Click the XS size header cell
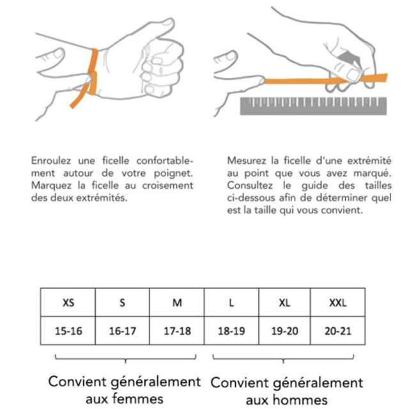tap(68, 302)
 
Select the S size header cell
tap(122, 302)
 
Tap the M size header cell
tap(177, 302)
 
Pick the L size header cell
tap(231, 302)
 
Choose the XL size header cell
tap(284, 302)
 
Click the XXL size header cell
tap(337, 302)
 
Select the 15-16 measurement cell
tap(68, 332)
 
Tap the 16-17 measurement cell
tap(122, 332)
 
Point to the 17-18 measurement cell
tap(177, 332)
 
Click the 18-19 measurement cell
tap(231, 332)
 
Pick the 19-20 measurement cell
tap(284, 332)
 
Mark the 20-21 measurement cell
tap(337, 332)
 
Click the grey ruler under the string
tap(313, 105)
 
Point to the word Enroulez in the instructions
tap(52, 161)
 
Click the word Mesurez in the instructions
tap(246, 161)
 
